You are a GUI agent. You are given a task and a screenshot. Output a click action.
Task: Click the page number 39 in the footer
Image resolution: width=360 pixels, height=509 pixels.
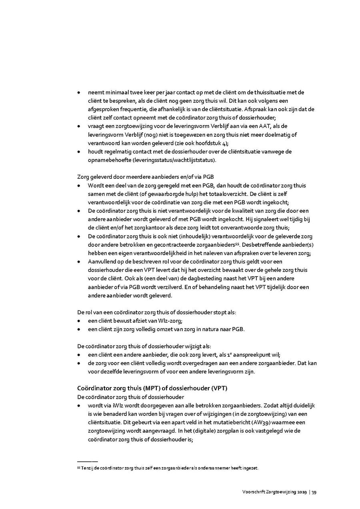pyautogui.click(x=314, y=492)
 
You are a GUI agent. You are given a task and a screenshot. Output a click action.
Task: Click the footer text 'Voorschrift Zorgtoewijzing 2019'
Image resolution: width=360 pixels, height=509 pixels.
pyautogui.click(x=274, y=492)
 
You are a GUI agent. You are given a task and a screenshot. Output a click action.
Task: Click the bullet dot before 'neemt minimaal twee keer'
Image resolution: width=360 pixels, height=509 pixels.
pyautogui.click(x=79, y=93)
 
